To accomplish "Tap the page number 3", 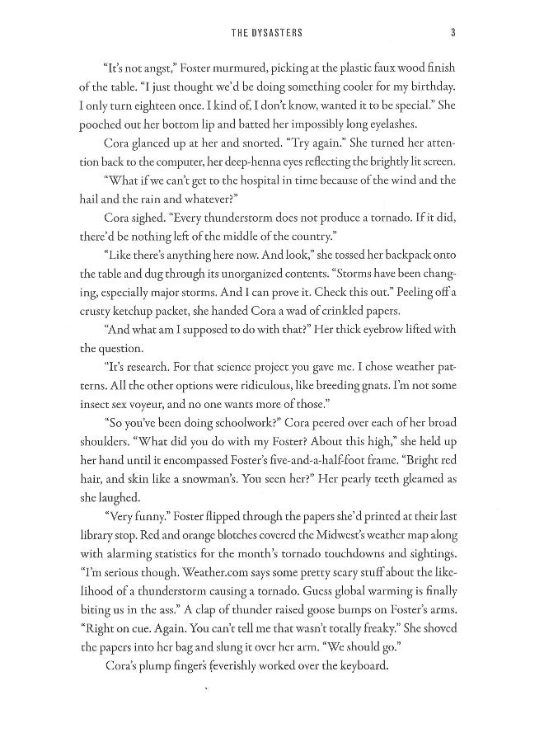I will click(453, 33).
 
